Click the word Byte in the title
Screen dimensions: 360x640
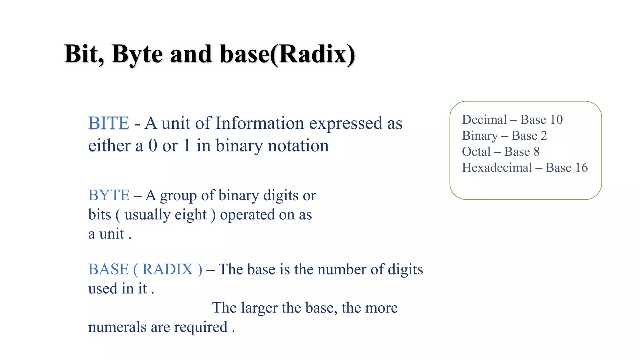coord(137,54)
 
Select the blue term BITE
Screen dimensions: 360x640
coord(109,123)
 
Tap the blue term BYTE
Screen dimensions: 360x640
coord(109,196)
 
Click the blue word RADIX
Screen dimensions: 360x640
coord(167,269)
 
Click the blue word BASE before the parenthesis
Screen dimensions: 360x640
coord(108,269)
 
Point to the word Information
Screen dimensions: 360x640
coord(259,123)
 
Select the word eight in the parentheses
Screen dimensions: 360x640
coord(191,215)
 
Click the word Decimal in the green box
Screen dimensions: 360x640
coord(484,120)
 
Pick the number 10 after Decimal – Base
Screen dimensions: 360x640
coord(556,120)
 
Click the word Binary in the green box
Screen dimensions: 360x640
coord(480,136)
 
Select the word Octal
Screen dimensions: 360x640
coord(476,152)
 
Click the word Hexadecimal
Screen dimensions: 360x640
coord(497,168)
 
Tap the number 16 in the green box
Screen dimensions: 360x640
coord(581,168)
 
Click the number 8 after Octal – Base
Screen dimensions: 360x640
coord(537,152)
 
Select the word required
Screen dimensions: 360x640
coord(201,327)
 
